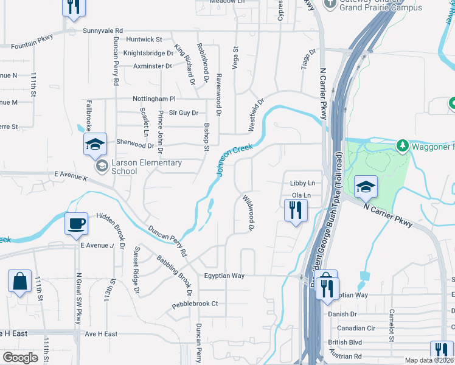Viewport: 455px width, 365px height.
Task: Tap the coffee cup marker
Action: click(77, 223)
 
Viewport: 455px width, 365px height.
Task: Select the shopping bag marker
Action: click(19, 282)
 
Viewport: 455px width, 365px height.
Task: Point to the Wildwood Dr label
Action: click(248, 213)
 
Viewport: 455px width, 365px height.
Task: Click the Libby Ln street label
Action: click(302, 182)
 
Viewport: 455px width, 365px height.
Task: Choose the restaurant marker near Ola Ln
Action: click(296, 210)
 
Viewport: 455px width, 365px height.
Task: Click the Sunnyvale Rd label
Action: click(103, 30)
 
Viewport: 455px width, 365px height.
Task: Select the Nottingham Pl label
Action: click(155, 99)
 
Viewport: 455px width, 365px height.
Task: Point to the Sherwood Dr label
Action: click(135, 145)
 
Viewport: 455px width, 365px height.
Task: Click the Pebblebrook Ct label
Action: click(195, 304)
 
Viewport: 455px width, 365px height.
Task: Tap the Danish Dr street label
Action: click(344, 315)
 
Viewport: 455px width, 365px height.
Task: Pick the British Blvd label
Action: click(345, 342)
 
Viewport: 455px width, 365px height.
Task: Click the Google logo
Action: click(20, 358)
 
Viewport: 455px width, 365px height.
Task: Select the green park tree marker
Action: click(402, 146)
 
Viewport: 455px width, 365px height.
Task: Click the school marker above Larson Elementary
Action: click(95, 144)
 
